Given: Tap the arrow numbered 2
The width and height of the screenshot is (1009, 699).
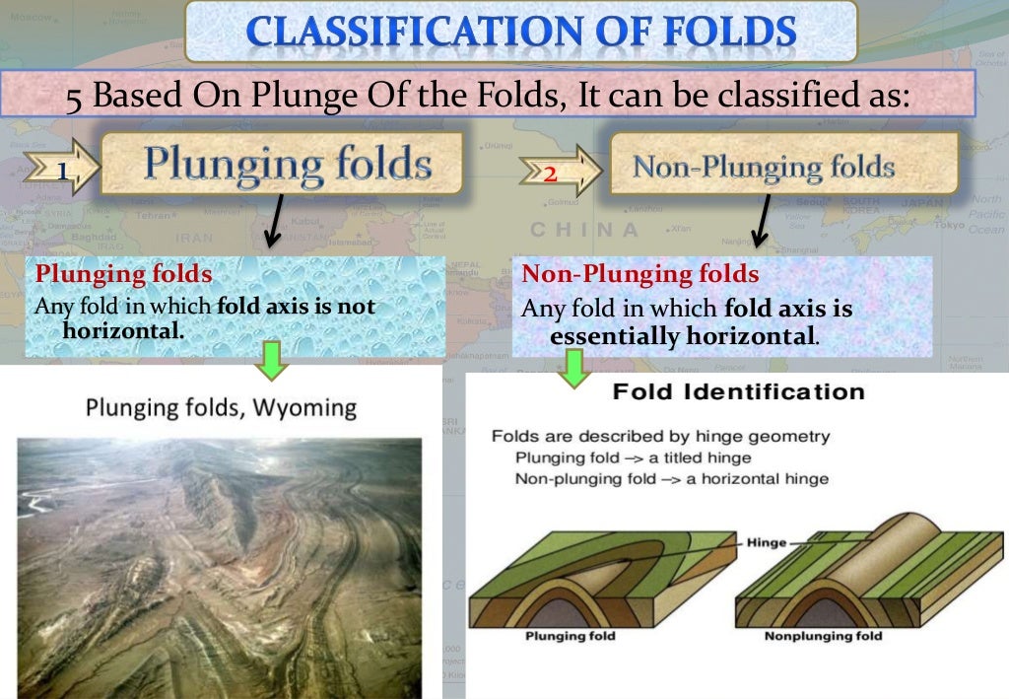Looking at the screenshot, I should (550, 175).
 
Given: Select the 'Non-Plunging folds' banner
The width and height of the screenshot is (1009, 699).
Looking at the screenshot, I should (763, 166).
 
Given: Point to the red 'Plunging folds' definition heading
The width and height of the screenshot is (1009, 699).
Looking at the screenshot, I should (123, 273).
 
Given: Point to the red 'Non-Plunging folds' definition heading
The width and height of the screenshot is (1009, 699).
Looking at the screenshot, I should (640, 273).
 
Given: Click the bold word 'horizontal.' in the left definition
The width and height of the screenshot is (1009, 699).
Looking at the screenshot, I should (123, 330).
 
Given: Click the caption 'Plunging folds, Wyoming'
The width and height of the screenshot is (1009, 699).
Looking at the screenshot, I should (221, 406).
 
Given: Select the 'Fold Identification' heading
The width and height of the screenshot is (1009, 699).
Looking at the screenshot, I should (738, 391).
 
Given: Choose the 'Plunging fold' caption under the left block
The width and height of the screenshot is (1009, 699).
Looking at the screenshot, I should (570, 636).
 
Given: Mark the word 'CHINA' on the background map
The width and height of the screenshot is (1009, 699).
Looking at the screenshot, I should (584, 230).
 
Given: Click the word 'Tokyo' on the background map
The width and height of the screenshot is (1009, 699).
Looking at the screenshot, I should (950, 224).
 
